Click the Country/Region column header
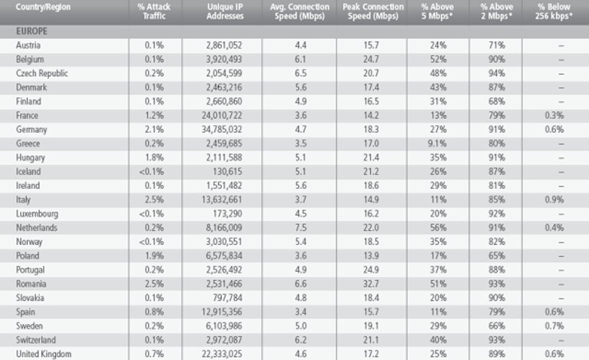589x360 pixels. tap(43, 7)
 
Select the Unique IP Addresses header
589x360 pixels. tap(225, 12)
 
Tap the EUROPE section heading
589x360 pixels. tap(31, 31)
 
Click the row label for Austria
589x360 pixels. tap(28, 45)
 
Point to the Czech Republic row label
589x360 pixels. tap(41, 73)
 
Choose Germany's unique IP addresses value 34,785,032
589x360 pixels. tap(222, 130)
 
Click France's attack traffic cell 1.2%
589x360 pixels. tap(154, 116)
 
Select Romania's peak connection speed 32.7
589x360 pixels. tap(371, 284)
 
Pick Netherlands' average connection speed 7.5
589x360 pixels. tap(300, 228)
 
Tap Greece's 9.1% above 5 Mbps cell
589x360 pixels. tap(437, 144)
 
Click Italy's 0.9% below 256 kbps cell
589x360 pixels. tap(554, 200)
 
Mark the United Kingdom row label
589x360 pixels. tap(44, 354)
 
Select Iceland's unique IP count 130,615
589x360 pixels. tap(227, 171)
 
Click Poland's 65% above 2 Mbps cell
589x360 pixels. tap(497, 256)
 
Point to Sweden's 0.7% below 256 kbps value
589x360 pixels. tap(554, 325)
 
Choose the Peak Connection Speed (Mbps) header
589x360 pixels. tap(373, 12)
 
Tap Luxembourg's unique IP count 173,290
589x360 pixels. tap(227, 213)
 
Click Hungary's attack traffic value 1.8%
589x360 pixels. tap(154, 157)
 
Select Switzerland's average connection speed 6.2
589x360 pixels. tap(300, 340)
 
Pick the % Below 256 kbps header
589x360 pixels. tap(554, 12)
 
